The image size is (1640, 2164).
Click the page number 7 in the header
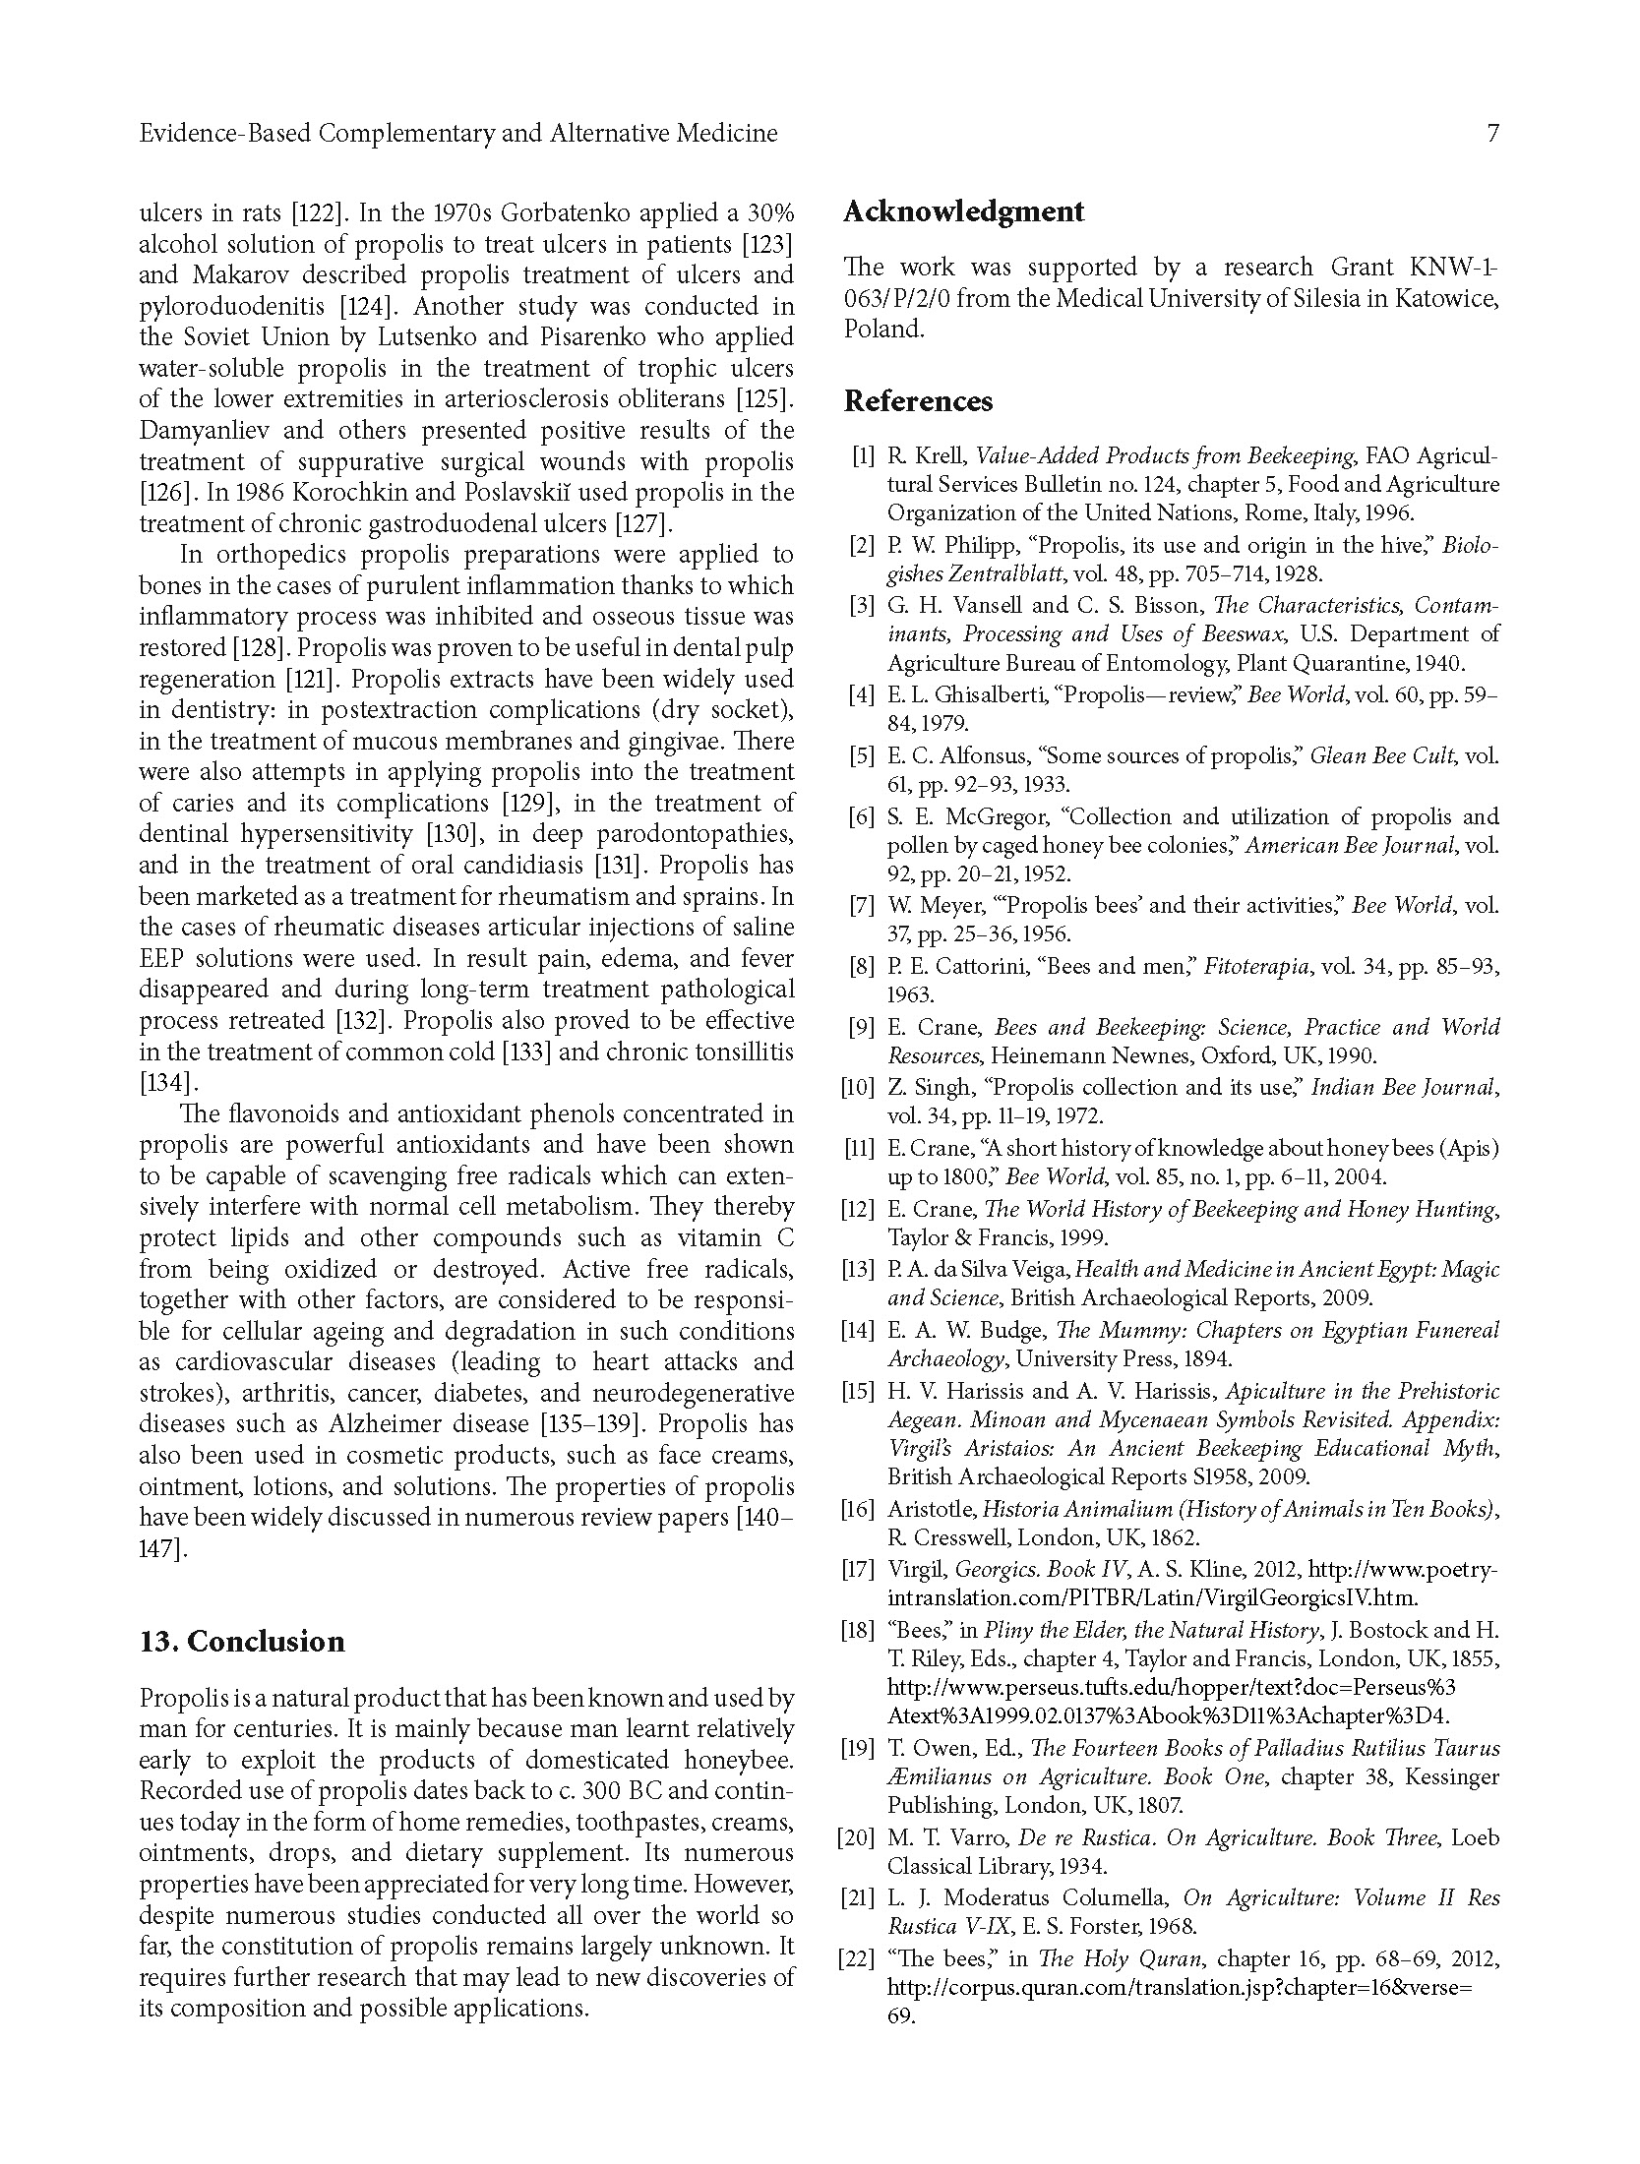coord(1492,134)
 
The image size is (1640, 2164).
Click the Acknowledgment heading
coord(963,211)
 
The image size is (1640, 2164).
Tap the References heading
coord(918,401)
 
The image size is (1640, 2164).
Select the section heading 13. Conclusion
coord(242,1642)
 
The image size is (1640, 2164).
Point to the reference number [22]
coord(855,1959)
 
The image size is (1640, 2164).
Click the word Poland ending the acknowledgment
coord(883,330)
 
